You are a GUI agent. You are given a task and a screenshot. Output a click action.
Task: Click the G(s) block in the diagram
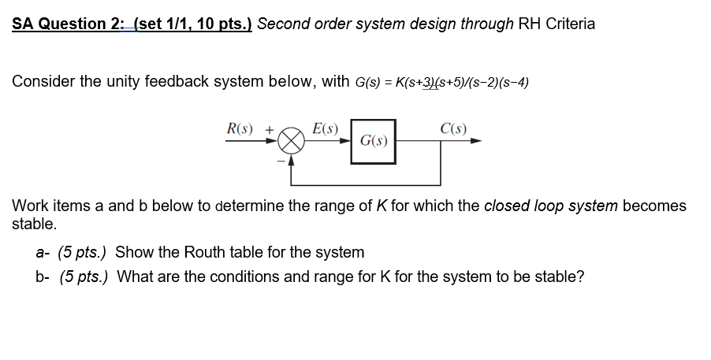374,142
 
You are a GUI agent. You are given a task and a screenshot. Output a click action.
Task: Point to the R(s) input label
240,128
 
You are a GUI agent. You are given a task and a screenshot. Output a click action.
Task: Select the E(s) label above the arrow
325,128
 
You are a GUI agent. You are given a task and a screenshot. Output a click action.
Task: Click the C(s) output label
453,128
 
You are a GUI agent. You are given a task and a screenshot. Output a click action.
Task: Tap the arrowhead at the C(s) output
476,143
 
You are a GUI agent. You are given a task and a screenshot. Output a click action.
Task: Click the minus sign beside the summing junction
279,160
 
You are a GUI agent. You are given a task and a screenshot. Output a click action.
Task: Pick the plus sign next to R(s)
270,128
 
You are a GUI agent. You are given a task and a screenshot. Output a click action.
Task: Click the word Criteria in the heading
567,24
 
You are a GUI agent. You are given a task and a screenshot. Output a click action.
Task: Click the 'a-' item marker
43,252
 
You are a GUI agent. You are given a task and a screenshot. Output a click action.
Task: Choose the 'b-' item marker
43,276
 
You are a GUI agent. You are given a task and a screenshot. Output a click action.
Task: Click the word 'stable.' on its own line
34,224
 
